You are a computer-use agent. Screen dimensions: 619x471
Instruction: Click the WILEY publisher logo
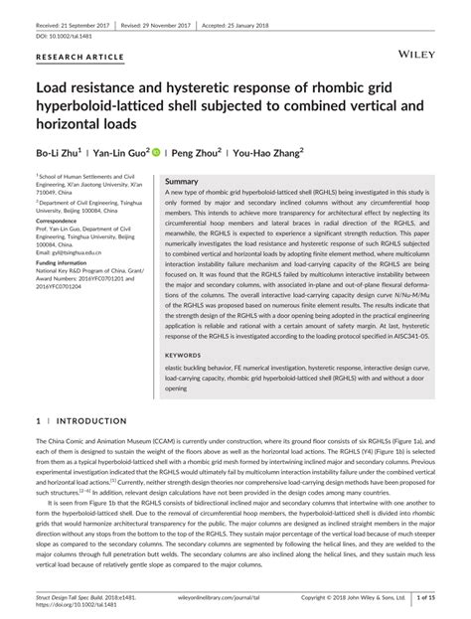click(417, 49)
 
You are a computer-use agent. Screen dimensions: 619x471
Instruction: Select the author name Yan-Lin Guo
click(121, 154)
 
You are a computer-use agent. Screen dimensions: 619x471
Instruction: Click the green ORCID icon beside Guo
click(157, 153)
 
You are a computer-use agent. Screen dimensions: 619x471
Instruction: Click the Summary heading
click(182, 183)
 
